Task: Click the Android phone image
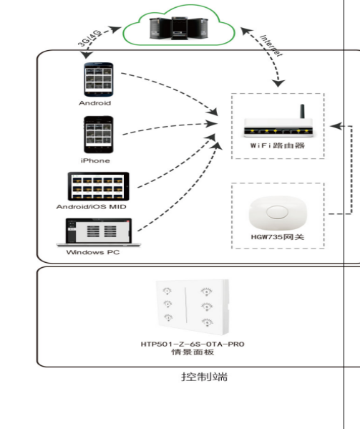click(x=98, y=79)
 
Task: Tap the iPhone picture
click(x=98, y=135)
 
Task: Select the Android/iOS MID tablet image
click(x=98, y=186)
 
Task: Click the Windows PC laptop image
click(x=99, y=232)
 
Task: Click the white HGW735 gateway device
click(x=278, y=213)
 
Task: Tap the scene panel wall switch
click(x=193, y=307)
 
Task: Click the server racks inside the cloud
click(x=179, y=28)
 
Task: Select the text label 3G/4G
click(x=89, y=38)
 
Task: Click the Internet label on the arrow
click(x=271, y=46)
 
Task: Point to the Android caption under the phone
click(x=95, y=103)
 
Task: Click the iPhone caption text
click(x=95, y=160)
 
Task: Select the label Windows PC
click(x=93, y=252)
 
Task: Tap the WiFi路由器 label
click(x=278, y=145)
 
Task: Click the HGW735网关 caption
click(x=278, y=237)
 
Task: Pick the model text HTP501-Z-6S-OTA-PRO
click(x=193, y=344)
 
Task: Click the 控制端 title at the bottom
click(x=204, y=377)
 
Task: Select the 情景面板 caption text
click(x=193, y=352)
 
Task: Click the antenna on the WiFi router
click(x=302, y=111)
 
